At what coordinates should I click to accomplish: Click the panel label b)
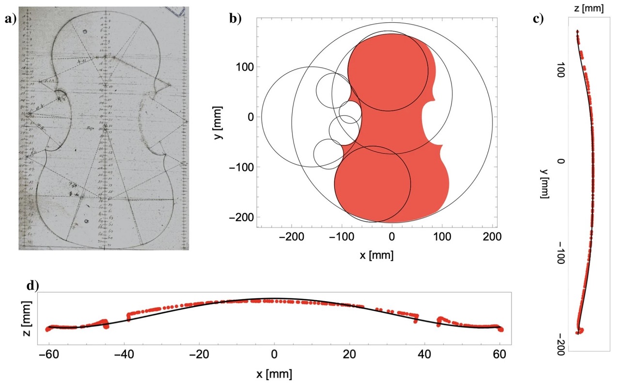pyautogui.click(x=235, y=19)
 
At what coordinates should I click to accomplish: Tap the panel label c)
pyautogui.click(x=538, y=19)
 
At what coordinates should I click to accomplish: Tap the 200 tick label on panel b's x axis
pyautogui.click(x=492, y=238)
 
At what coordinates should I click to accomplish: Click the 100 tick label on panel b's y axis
pyautogui.click(x=245, y=66)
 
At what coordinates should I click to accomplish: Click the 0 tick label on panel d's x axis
pyautogui.click(x=274, y=354)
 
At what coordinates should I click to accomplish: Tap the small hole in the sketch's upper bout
pyautogui.click(x=85, y=32)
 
